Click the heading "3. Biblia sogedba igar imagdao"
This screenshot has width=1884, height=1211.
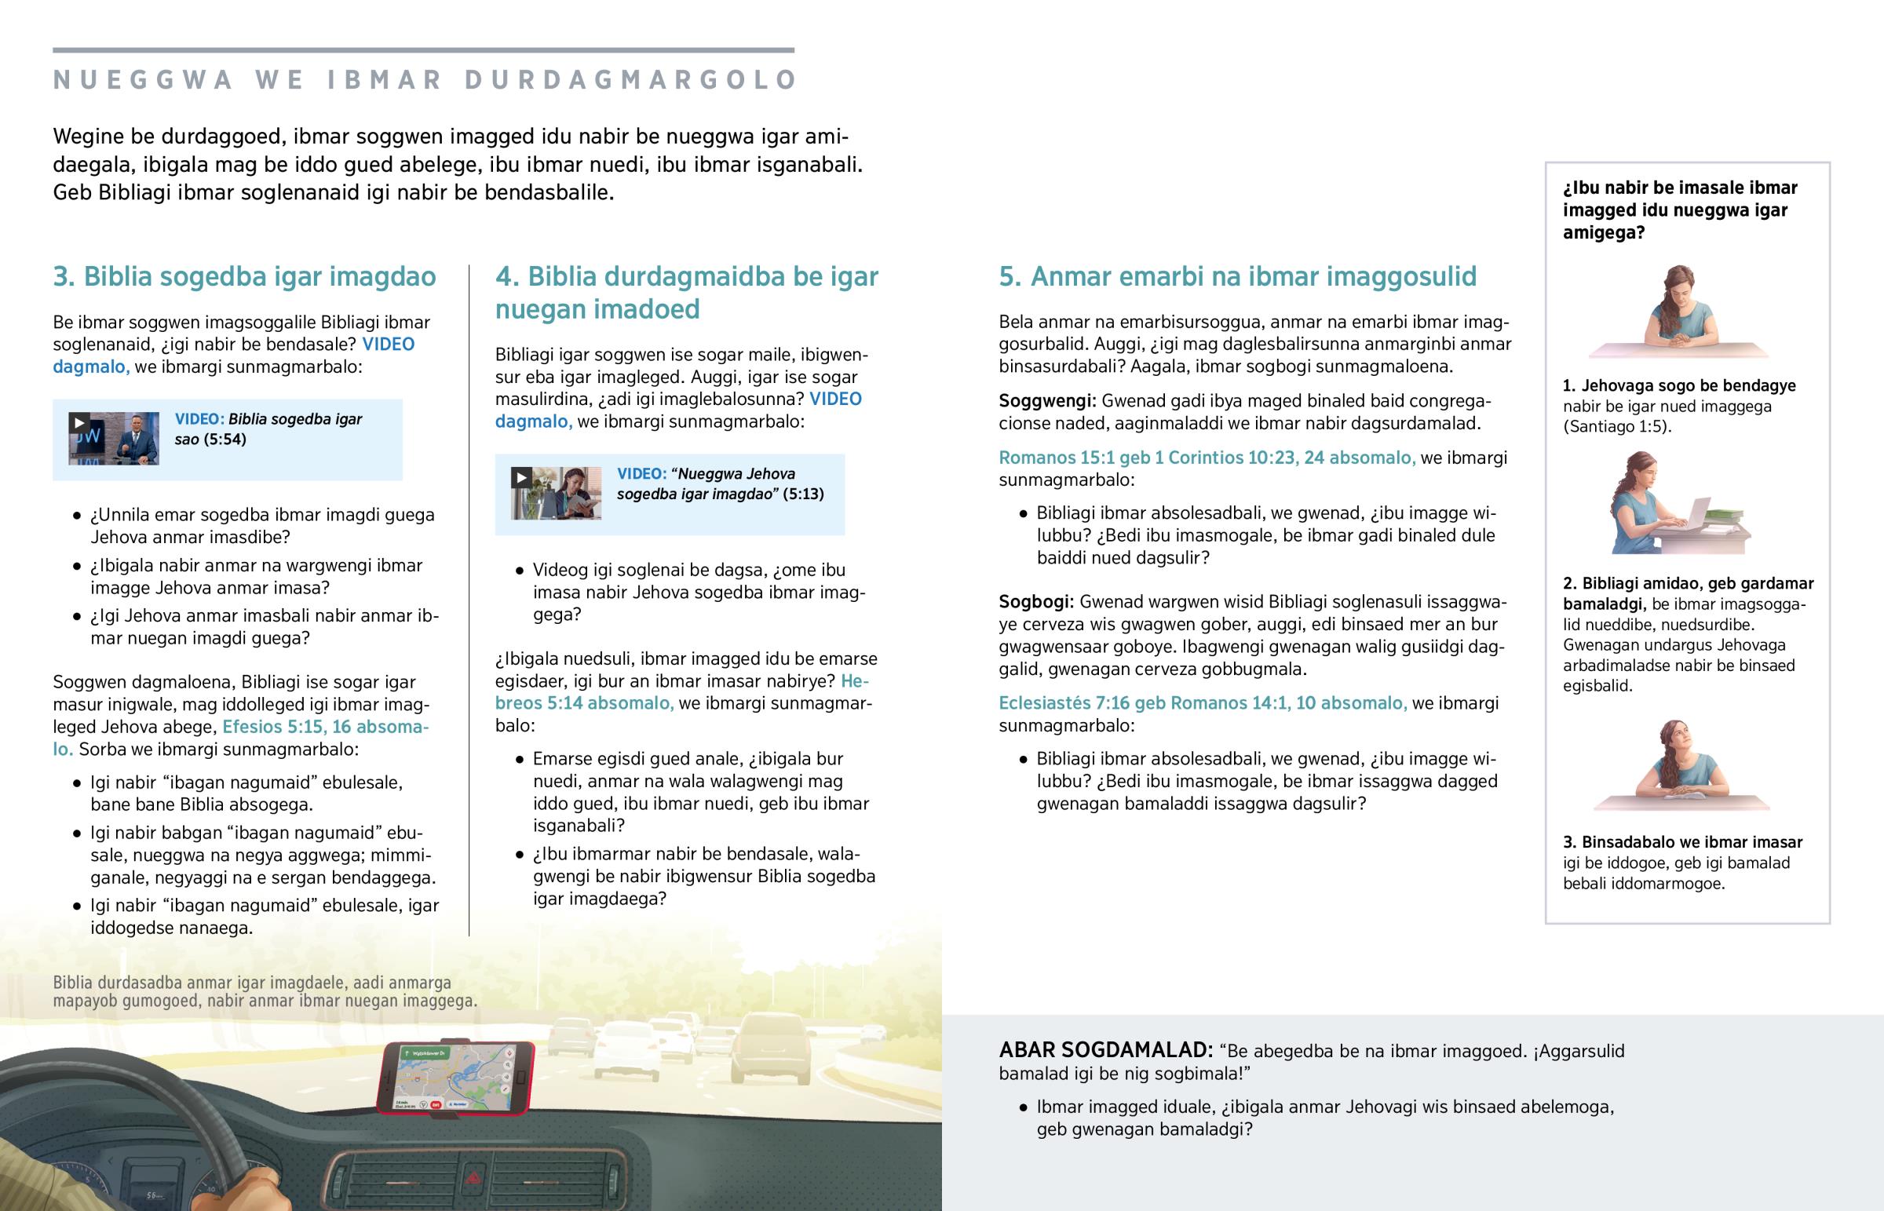click(x=244, y=277)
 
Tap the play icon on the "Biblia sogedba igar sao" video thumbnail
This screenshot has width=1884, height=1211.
click(x=78, y=423)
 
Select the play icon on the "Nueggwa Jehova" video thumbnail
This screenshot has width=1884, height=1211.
click(x=520, y=477)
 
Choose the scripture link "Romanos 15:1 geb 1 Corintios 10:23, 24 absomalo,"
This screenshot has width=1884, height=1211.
click(x=1207, y=458)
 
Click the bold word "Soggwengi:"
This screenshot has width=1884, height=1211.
click(x=1046, y=401)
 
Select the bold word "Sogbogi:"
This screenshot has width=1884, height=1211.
click(x=1035, y=602)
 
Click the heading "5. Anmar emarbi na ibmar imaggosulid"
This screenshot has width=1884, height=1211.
click(x=1237, y=277)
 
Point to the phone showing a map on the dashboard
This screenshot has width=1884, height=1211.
click(x=456, y=1078)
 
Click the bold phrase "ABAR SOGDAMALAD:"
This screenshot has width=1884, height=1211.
click(x=1105, y=1051)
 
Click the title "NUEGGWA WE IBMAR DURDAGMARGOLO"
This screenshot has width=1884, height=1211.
click(x=425, y=80)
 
